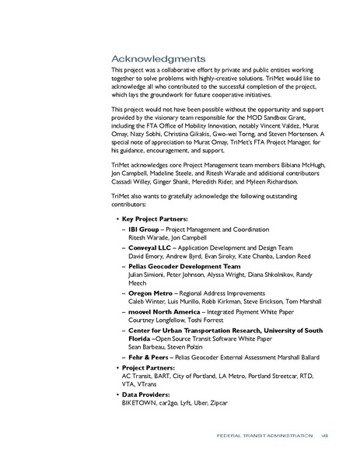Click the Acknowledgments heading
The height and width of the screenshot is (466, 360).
point(158,58)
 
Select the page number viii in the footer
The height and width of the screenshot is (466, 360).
point(326,436)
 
